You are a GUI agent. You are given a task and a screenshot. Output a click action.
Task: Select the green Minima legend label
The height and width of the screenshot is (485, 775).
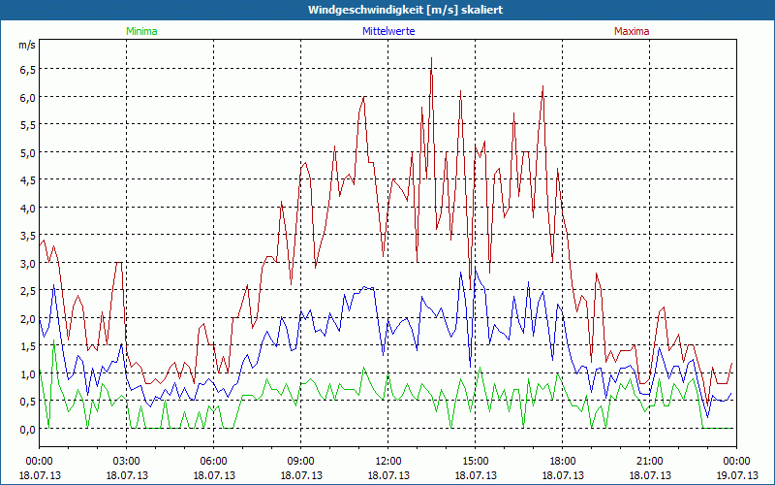[x=140, y=31]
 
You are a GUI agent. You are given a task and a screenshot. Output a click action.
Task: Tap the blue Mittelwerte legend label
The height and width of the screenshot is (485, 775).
[x=387, y=31]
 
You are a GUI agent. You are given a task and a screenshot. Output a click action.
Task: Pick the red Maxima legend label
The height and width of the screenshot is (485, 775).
[x=632, y=31]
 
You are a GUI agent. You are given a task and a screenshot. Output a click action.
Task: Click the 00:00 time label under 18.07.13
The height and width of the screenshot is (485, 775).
[x=39, y=461]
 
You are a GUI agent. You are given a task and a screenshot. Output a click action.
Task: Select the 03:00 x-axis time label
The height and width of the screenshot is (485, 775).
[x=126, y=461]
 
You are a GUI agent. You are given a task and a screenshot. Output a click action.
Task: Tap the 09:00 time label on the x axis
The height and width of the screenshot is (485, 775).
[x=300, y=461]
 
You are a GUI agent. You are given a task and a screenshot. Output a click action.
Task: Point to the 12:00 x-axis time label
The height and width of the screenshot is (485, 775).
[x=387, y=461]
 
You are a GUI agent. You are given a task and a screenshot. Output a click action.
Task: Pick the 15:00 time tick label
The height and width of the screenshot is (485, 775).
[x=475, y=461]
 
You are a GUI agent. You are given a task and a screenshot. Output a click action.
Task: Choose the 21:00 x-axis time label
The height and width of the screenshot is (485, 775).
[x=649, y=461]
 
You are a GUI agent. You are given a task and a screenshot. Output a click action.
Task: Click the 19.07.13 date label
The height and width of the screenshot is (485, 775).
[x=736, y=474]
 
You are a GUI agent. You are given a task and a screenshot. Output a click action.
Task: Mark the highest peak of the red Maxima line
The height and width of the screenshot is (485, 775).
[x=431, y=58]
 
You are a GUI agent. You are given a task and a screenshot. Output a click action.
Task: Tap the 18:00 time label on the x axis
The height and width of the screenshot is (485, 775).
[x=562, y=461]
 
